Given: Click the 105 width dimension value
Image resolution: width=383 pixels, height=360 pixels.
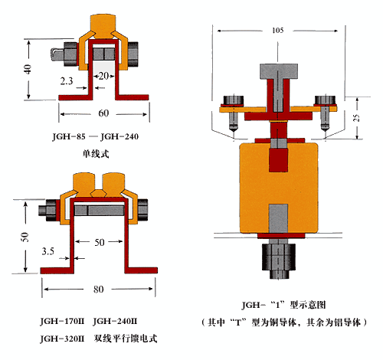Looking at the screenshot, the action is click(278, 31).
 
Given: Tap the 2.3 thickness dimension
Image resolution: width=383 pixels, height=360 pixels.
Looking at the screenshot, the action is click(67, 81).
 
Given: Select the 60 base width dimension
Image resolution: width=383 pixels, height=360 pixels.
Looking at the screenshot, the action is click(103, 113).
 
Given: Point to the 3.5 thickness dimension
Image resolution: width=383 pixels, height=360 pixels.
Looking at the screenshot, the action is click(48, 251).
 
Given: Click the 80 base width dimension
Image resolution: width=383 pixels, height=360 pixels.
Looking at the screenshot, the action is click(98, 290).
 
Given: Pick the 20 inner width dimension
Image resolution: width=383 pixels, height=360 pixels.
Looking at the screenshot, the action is click(103, 76).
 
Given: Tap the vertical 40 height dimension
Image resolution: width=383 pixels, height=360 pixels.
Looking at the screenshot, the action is click(28, 69).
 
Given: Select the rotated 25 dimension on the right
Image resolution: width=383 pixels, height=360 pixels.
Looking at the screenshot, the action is click(357, 117).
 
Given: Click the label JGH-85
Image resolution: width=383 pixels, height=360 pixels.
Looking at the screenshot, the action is click(69, 136).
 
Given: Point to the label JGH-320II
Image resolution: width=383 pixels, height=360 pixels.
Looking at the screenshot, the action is click(62, 339).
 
